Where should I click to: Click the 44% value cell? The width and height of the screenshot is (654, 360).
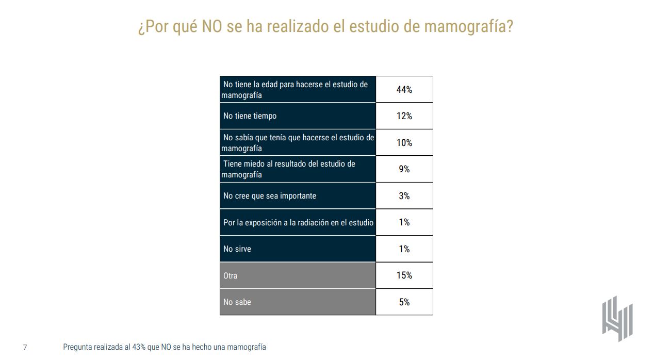(x=404, y=89)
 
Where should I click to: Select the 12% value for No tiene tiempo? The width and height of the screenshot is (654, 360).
(x=404, y=116)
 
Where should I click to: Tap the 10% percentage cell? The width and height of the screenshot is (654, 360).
(x=404, y=143)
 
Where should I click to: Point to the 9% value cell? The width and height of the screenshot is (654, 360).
(x=404, y=169)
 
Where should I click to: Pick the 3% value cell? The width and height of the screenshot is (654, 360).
(x=404, y=196)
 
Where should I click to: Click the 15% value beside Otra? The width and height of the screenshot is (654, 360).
(x=404, y=275)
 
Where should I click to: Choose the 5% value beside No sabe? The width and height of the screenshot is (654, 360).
(x=404, y=302)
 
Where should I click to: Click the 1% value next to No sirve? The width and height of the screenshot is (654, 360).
(x=404, y=249)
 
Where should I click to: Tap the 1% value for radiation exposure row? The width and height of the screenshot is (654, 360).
(x=404, y=222)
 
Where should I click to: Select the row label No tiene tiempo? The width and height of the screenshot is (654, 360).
(x=250, y=116)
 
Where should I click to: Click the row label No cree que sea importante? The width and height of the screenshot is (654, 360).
(x=269, y=196)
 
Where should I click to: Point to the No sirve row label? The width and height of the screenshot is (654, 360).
(x=237, y=249)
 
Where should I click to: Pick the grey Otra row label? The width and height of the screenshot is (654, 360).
(x=231, y=276)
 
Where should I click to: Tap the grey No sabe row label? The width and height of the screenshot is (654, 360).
(x=237, y=302)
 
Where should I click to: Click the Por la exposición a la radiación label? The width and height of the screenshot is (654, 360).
(x=298, y=222)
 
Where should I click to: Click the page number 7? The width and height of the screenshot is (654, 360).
(x=25, y=348)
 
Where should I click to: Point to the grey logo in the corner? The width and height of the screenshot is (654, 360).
(x=617, y=319)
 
